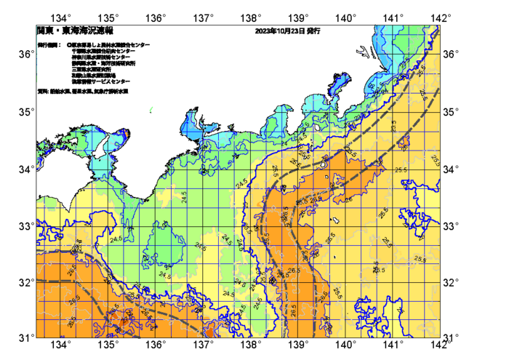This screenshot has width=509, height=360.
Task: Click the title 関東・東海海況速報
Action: (75, 31)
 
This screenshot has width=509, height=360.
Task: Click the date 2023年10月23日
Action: (280, 31)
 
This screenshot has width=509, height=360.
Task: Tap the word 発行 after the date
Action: (313, 31)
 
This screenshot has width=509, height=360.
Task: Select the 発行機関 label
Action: (49, 45)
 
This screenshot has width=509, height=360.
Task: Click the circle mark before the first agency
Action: (68, 45)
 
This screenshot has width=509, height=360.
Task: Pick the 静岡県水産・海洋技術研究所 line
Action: (105, 64)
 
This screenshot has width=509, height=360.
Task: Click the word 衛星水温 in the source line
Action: (60, 92)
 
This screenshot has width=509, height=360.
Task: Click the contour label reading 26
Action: (348, 199)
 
